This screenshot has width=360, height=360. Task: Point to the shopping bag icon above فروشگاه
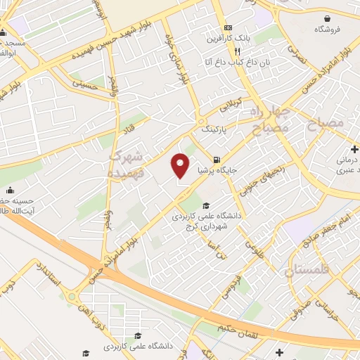[x=328, y=18]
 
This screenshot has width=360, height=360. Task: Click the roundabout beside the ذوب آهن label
[x=72, y=296]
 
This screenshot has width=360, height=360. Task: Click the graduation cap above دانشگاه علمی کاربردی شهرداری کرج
[x=206, y=205]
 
